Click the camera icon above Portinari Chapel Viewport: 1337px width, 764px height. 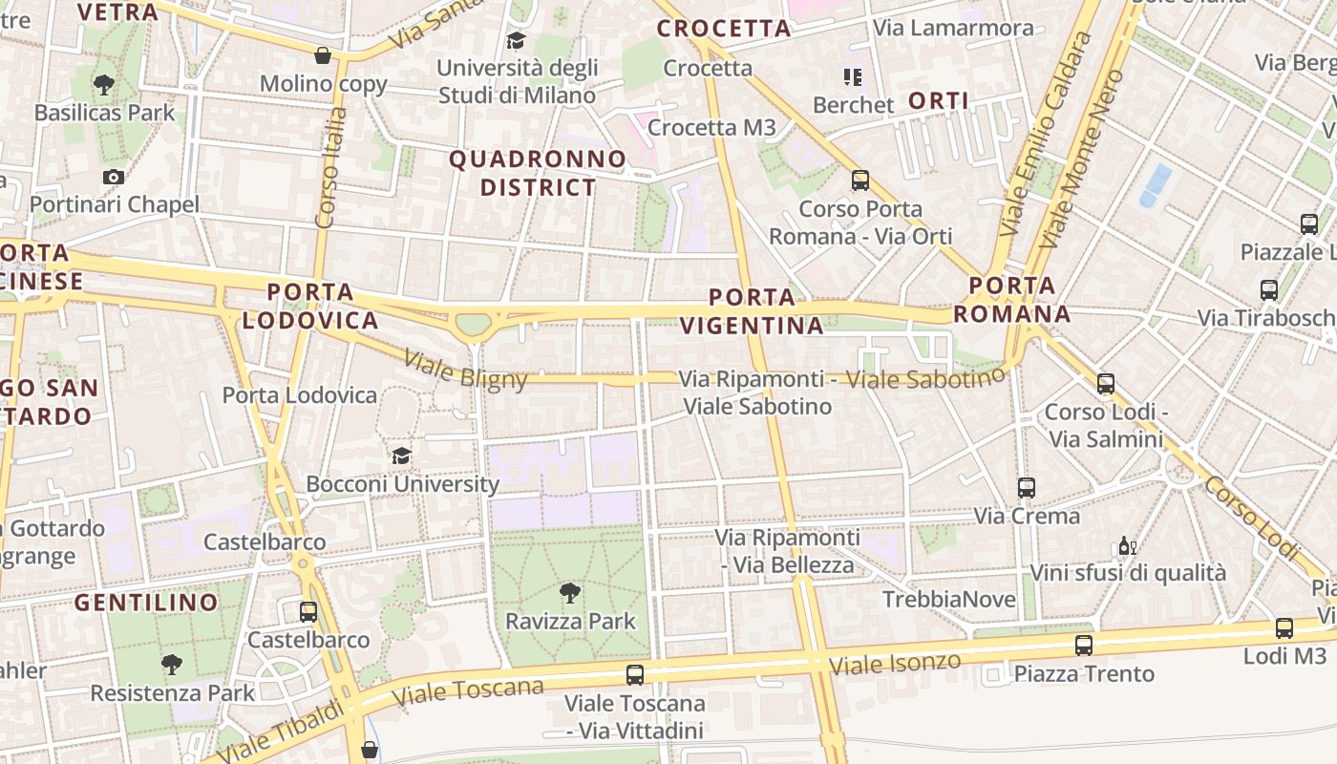pyautogui.click(x=114, y=177)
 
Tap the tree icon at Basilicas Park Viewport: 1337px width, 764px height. pyautogui.click(x=104, y=85)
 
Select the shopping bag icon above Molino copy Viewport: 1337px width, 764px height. pyautogui.click(x=323, y=55)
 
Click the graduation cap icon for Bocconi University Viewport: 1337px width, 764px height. pyautogui.click(x=401, y=456)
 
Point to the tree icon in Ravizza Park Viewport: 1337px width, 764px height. pyautogui.click(x=569, y=593)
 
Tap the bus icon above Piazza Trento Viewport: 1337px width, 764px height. pyautogui.click(x=1083, y=645)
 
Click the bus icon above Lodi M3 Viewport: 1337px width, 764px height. pyautogui.click(x=1284, y=627)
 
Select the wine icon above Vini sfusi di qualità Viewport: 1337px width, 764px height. pyautogui.click(x=1127, y=546)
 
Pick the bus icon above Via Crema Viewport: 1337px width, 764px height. pyautogui.click(x=1027, y=488)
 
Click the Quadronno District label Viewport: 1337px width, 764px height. pyautogui.click(x=538, y=173)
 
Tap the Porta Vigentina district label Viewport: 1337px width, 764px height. pyautogui.click(x=753, y=311)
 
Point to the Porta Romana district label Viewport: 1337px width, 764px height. pyautogui.click(x=1011, y=300)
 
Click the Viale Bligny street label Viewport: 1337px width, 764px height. pyautogui.click(x=465, y=370)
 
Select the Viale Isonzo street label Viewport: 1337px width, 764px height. pyautogui.click(x=895, y=664)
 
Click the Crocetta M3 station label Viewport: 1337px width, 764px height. pyautogui.click(x=711, y=127)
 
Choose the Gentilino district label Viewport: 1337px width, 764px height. pyautogui.click(x=146, y=603)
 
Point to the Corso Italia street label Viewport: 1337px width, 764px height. pyautogui.click(x=329, y=167)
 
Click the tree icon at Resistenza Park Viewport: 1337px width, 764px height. pyautogui.click(x=172, y=664)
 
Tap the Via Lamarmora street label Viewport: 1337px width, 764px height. pyautogui.click(x=953, y=28)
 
